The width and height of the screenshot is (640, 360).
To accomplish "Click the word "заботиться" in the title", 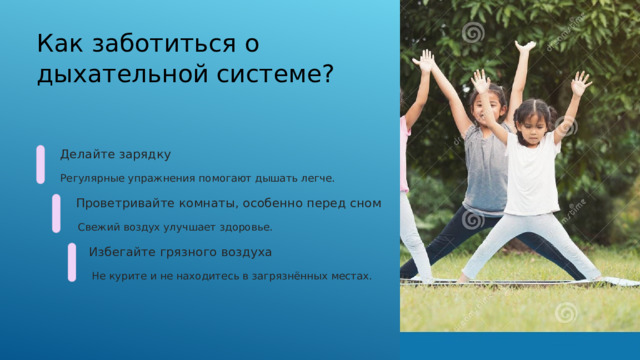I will click(155, 44).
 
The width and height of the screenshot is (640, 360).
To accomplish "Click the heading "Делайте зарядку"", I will click(115, 155).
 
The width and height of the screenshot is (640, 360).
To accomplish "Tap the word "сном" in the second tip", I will click(365, 204).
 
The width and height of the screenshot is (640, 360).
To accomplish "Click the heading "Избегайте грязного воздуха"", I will click(180, 252).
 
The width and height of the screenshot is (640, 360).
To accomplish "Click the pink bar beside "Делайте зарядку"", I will click(40, 165).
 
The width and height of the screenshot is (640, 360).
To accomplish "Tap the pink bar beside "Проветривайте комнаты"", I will click(56, 214).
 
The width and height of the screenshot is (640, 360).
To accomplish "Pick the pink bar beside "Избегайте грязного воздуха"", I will click(72, 262).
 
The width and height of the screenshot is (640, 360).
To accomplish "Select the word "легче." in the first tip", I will click(317, 179).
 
